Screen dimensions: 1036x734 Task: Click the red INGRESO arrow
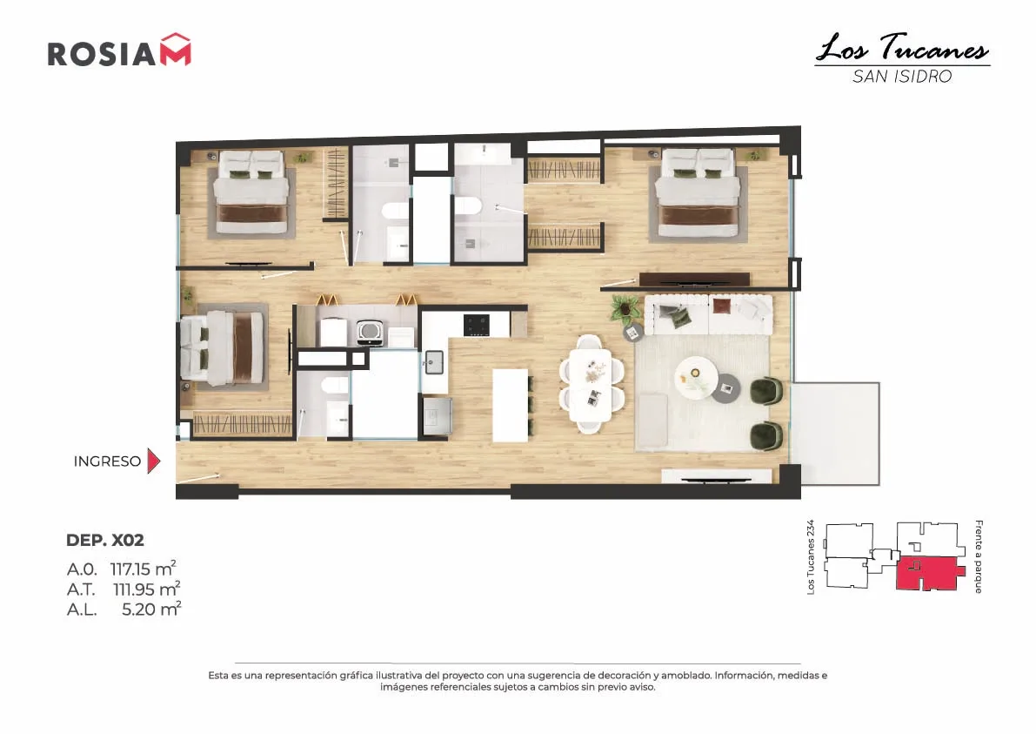[x=153, y=461]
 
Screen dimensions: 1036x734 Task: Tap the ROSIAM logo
[x=119, y=51]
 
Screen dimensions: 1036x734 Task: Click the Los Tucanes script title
[x=902, y=48]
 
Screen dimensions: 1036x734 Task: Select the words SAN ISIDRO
[x=902, y=77]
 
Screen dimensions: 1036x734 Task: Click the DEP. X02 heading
[x=105, y=540]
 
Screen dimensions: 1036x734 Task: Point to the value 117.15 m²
[x=143, y=569]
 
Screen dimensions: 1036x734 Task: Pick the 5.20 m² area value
[x=151, y=609]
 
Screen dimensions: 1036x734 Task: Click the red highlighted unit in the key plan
[x=928, y=573]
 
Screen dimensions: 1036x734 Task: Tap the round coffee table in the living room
[x=696, y=378]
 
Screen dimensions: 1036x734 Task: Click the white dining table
[x=592, y=385]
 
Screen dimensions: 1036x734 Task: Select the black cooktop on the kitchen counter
[x=477, y=325]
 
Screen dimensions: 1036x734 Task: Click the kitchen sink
[x=434, y=362]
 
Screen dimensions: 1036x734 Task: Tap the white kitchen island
[x=510, y=406]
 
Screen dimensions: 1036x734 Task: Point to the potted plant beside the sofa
[x=625, y=308]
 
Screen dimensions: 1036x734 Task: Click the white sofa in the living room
[x=708, y=315]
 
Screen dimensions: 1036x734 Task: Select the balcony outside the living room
[x=835, y=434]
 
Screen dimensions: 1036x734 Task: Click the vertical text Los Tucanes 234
[x=811, y=556]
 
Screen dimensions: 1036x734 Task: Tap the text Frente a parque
[x=979, y=556]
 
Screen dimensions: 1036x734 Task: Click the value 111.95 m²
[x=146, y=589]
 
